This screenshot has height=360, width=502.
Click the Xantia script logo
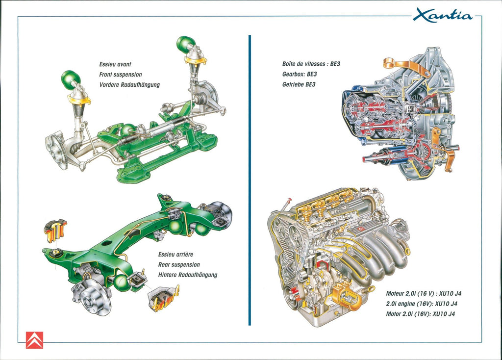(x=442, y=15)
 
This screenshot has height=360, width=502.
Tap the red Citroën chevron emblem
(x=34, y=340)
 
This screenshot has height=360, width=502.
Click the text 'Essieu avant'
(x=115, y=64)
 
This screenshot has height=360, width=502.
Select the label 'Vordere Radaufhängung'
(x=129, y=85)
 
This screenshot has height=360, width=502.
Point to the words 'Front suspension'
(x=121, y=75)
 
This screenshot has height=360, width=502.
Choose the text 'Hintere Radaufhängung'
(x=187, y=275)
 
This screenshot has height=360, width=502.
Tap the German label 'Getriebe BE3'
(x=299, y=84)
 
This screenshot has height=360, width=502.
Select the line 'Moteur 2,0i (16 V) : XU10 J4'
(x=424, y=294)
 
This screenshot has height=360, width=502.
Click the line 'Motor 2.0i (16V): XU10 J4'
(x=421, y=314)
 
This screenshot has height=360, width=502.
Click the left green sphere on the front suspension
(x=71, y=78)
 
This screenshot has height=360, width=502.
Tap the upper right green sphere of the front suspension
(x=186, y=44)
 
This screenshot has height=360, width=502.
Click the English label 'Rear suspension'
(x=179, y=265)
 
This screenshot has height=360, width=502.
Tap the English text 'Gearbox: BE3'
(x=300, y=74)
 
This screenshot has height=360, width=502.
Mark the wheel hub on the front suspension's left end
(x=57, y=150)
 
